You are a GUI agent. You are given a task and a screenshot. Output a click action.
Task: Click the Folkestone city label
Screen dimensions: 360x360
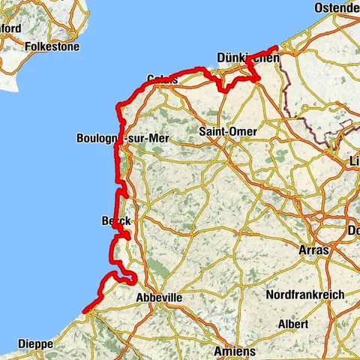pos(52,46)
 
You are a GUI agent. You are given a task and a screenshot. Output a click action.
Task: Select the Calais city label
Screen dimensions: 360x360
pos(163,79)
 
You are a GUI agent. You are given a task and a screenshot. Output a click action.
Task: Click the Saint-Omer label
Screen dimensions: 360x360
pos(228,131)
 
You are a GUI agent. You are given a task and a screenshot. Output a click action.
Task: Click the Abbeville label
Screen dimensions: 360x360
pos(159,298)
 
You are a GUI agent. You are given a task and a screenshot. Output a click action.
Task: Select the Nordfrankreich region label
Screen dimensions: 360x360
pos(306,295)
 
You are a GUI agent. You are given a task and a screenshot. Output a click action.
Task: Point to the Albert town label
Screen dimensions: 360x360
pos(292,324)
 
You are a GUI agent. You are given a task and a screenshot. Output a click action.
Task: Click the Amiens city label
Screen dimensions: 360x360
pos(234,351)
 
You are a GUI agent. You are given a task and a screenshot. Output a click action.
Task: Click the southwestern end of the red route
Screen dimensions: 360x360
pos(84,310)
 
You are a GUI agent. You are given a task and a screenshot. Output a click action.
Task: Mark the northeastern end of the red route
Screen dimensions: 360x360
pos(277,49)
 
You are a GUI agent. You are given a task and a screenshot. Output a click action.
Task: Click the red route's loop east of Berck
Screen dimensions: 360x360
pos(127,236)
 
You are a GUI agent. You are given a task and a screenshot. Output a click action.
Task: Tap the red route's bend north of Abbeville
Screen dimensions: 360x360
pos(132,280)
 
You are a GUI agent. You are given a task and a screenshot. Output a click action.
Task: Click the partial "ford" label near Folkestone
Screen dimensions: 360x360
pos(10,28)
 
